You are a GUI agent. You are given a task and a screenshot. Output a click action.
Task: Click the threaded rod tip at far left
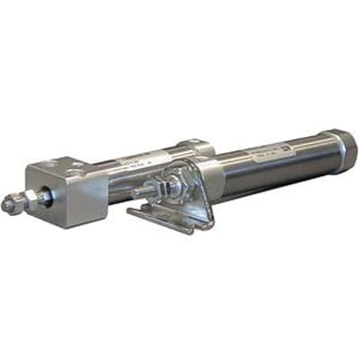(x=9, y=205)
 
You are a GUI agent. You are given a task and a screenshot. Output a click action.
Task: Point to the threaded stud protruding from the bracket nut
(x=139, y=192)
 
